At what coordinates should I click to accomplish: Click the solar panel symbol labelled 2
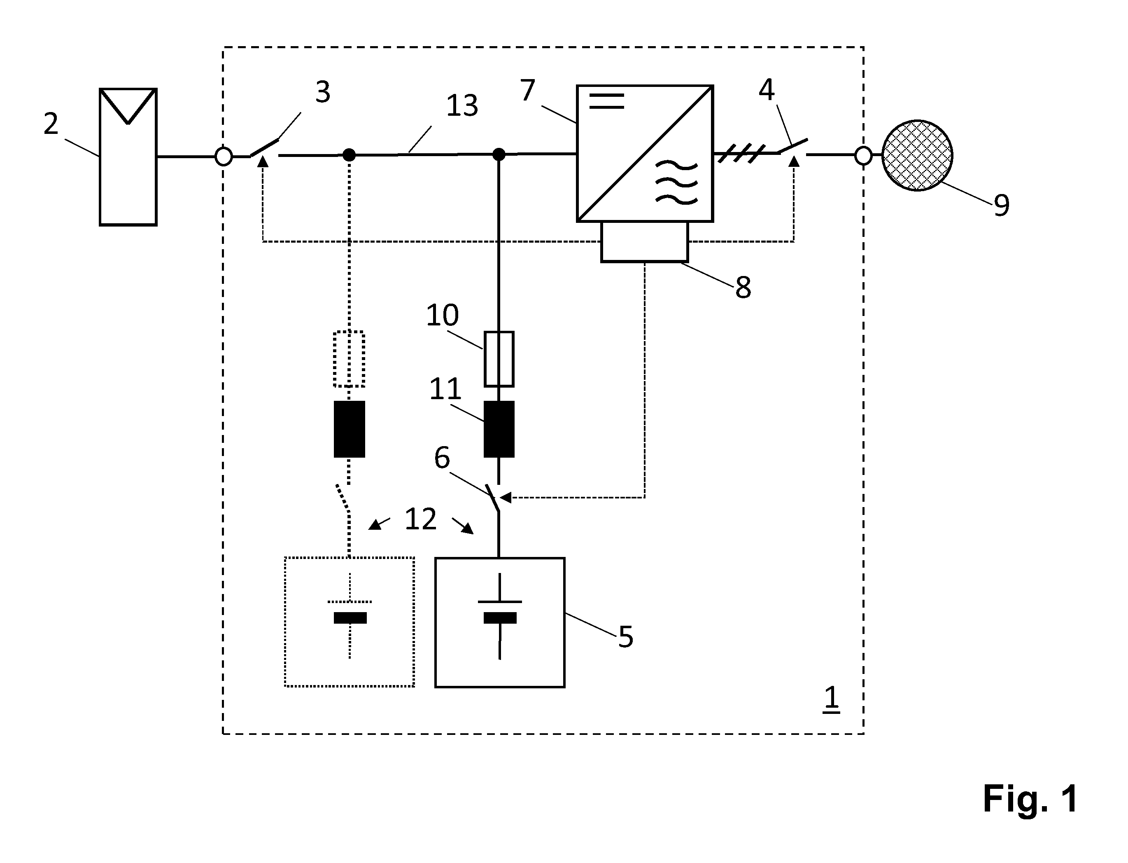128,157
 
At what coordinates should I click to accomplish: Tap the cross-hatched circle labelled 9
917,155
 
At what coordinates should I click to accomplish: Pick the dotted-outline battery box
350,622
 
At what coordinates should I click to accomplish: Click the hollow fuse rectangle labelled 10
499,358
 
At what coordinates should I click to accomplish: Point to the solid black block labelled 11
499,429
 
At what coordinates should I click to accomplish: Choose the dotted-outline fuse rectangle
349,358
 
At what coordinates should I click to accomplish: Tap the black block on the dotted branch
349,429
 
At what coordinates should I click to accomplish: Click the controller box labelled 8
644,242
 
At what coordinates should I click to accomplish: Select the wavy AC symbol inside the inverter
677,182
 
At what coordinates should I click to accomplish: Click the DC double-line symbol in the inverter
606,101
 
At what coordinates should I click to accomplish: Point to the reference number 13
462,105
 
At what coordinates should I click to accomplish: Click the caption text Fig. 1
1030,799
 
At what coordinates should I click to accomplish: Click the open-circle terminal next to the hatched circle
863,156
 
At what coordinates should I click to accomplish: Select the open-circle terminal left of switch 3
224,156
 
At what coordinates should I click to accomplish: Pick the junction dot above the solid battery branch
499,154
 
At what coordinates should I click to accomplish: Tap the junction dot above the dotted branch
349,154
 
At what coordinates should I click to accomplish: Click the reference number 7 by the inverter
528,90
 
